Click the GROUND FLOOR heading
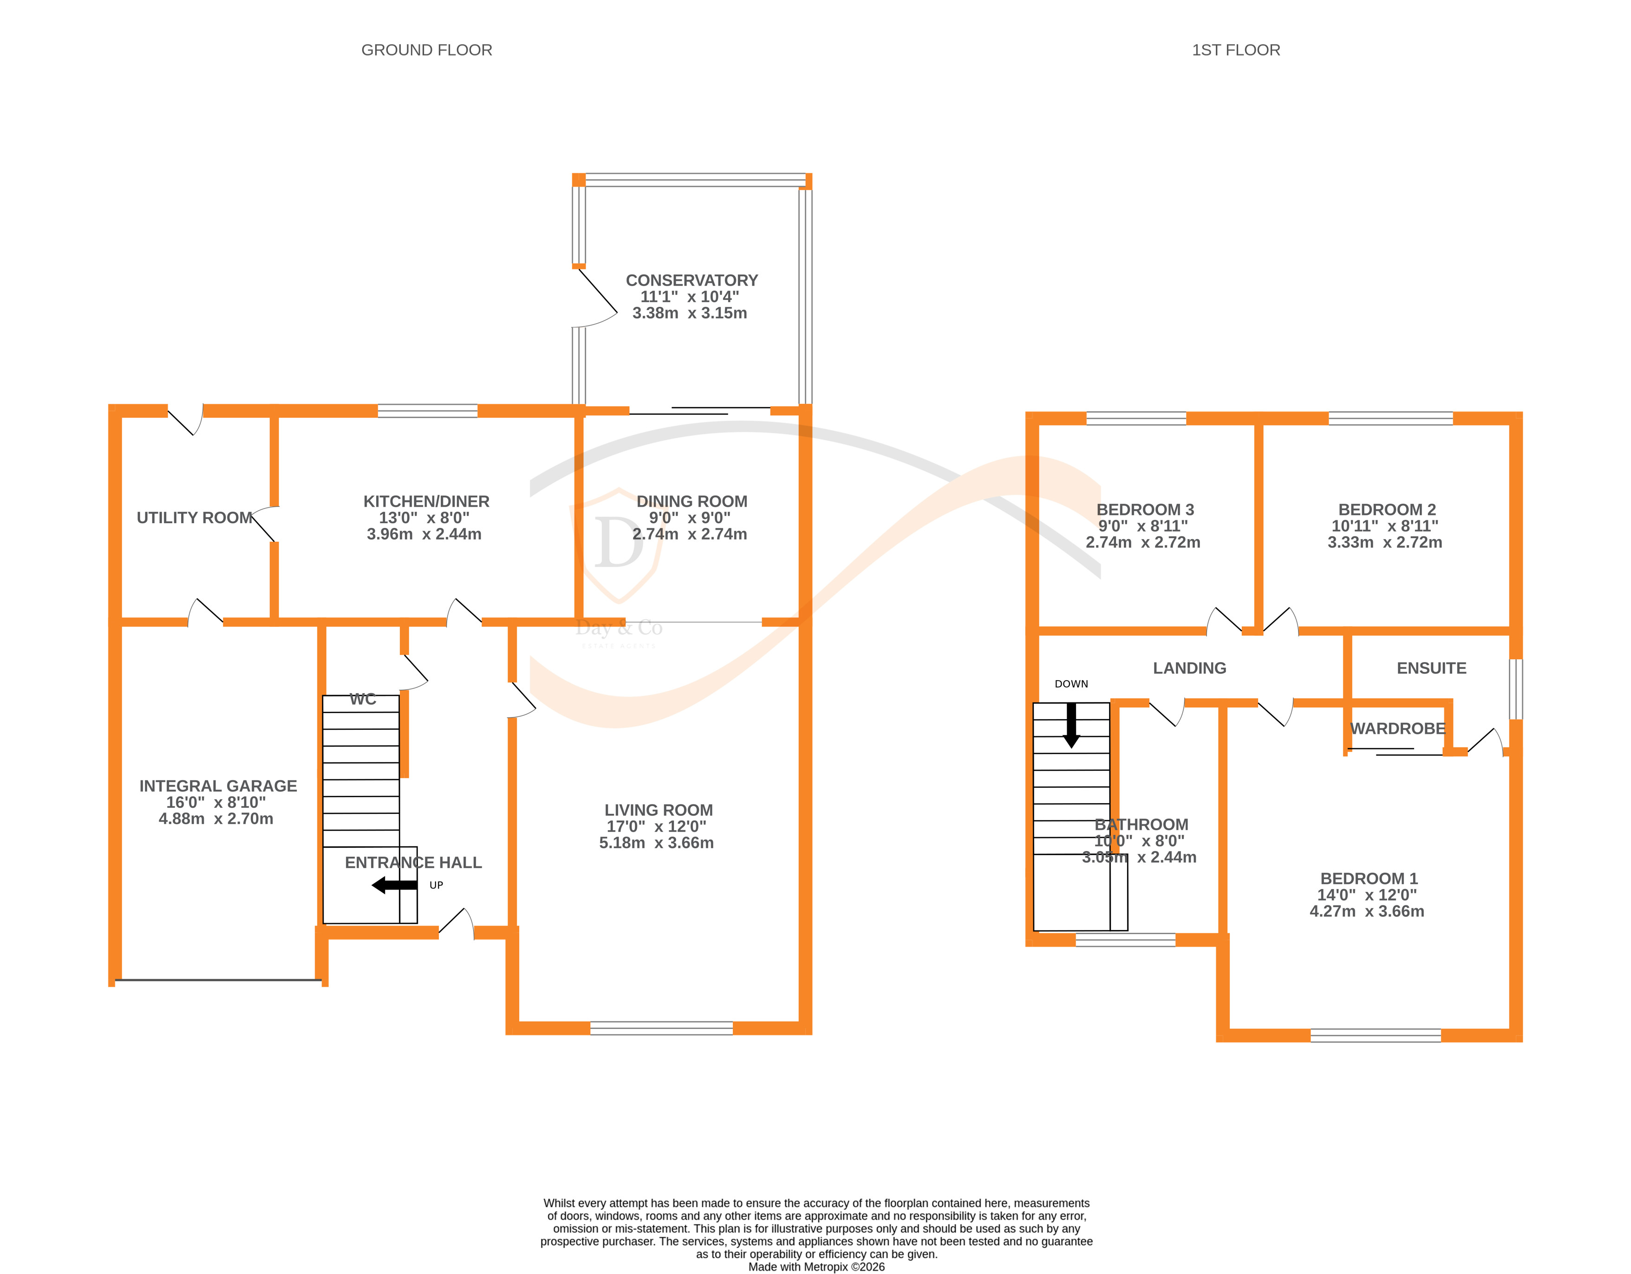(426, 50)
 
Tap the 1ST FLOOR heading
(1235, 50)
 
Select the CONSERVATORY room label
(692, 280)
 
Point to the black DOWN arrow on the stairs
(1071, 725)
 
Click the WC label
(363, 699)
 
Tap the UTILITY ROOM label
(194, 518)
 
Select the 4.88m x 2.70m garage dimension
(216, 819)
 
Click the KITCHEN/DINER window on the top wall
(427, 411)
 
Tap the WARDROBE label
(1397, 728)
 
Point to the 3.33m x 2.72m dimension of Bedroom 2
(1384, 542)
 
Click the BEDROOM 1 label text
(1368, 878)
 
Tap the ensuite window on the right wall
(1515, 689)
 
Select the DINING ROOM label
(692, 501)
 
